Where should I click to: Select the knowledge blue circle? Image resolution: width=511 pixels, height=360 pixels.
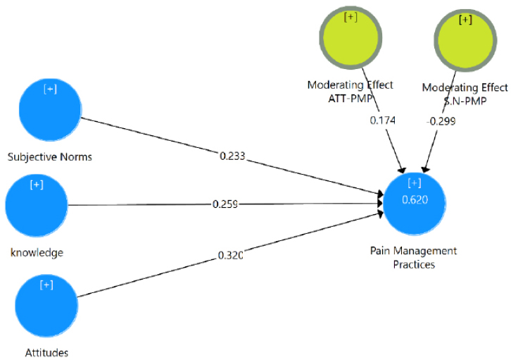point(37,204)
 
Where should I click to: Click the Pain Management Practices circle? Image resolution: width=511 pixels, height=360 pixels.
point(415,202)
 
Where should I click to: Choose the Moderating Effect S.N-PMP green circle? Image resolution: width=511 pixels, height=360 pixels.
point(465,42)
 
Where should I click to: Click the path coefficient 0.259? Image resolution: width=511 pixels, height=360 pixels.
point(226,204)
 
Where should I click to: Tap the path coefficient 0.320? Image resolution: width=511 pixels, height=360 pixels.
point(229,255)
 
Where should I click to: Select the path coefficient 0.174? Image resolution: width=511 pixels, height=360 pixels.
point(383,120)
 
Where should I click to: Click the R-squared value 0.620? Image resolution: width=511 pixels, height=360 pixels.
point(414,199)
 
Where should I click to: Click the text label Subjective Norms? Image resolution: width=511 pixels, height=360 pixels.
point(49,156)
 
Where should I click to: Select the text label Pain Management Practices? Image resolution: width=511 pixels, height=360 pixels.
point(414,258)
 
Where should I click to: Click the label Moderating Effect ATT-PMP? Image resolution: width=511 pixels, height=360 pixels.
point(350,92)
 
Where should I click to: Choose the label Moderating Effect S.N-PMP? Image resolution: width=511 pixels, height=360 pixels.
point(465,94)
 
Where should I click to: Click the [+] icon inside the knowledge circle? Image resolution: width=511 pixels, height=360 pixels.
point(37,185)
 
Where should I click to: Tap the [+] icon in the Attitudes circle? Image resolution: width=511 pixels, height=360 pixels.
point(46,285)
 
